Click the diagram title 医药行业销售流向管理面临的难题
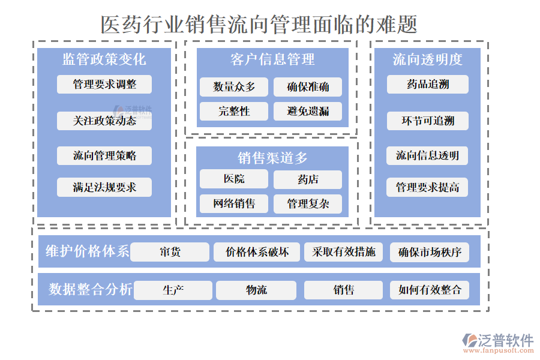pos(259,25)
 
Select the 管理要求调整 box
pos(104,85)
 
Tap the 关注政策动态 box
pos(104,121)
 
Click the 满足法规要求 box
pos(104,187)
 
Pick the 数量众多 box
pos(234,87)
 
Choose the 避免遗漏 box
pos(308,111)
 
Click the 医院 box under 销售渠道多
pos(234,179)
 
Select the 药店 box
pos(308,179)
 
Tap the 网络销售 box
pos(234,203)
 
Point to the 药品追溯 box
pos(427,85)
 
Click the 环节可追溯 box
pos(427,121)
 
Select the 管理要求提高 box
pos(427,187)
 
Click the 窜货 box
pos(170,252)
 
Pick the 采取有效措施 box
pos(343,252)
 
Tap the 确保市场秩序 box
pos(430,252)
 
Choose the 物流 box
pos(256,290)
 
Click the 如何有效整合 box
pos(430,290)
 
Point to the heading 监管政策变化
pos(104,59)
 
